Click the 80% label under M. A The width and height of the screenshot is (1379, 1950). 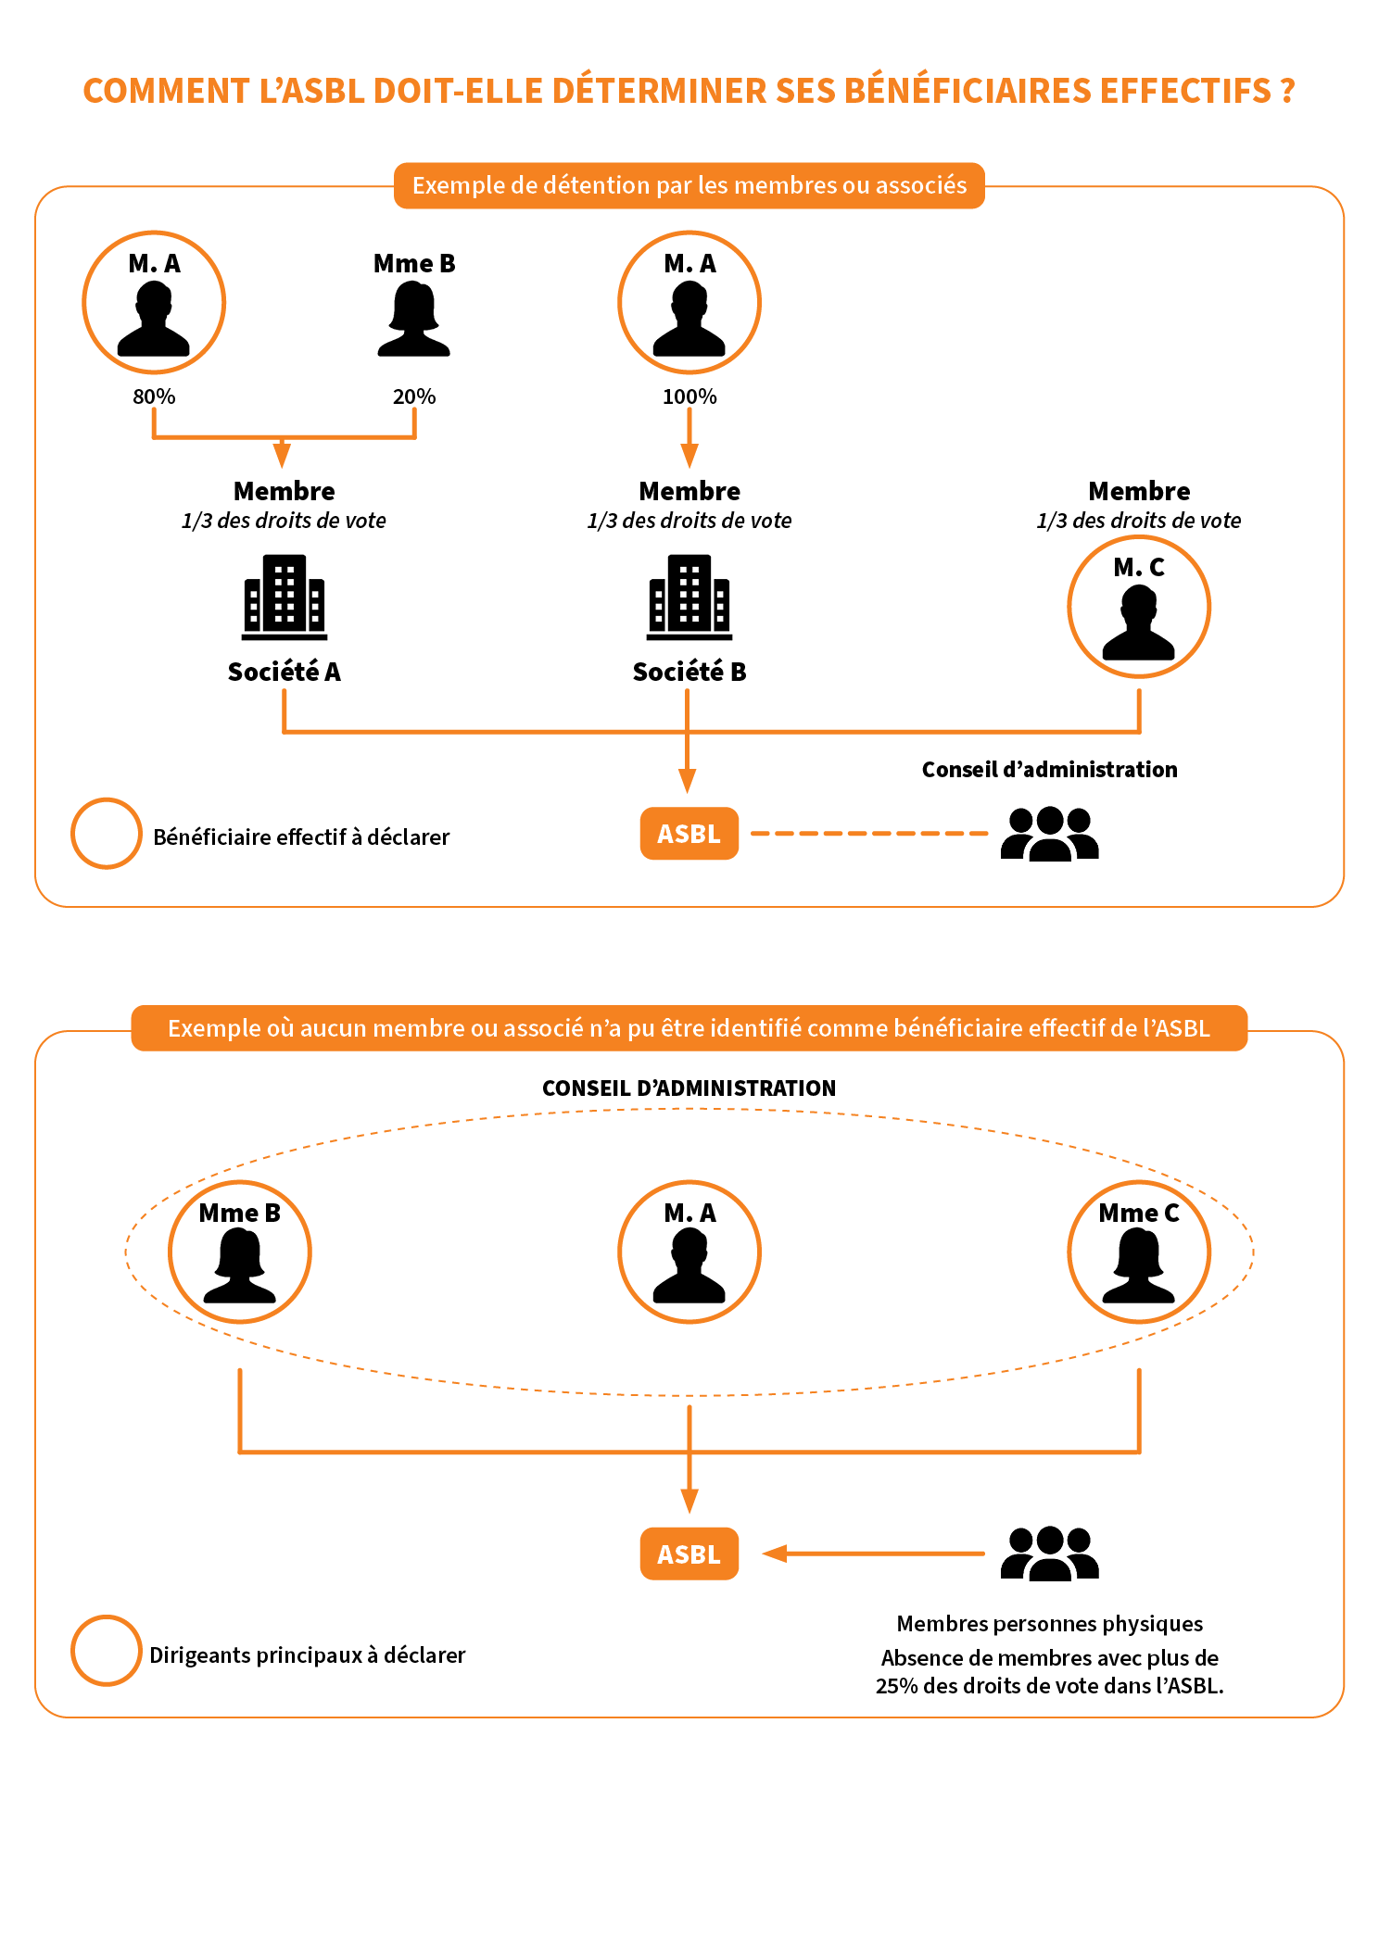click(x=154, y=396)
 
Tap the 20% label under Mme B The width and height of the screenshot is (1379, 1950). click(x=413, y=396)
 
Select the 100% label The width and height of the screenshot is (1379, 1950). click(x=689, y=396)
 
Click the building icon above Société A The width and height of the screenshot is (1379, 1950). click(x=284, y=598)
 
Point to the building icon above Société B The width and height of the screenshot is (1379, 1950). click(x=689, y=598)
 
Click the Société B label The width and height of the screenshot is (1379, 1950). click(x=689, y=672)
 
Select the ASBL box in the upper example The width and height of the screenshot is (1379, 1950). click(x=689, y=834)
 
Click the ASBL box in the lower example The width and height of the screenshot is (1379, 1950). click(x=689, y=1554)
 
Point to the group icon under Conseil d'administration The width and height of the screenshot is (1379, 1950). click(x=1049, y=834)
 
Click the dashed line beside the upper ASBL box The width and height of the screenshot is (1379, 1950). click(x=869, y=834)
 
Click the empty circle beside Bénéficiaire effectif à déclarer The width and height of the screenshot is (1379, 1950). click(x=107, y=834)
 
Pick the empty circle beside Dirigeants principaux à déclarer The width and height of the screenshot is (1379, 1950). click(x=107, y=1651)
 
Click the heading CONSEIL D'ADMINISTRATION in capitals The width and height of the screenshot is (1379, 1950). click(x=689, y=1088)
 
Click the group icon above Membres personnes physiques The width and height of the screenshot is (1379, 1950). click(x=1049, y=1554)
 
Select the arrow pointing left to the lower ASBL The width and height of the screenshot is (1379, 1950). click(x=871, y=1554)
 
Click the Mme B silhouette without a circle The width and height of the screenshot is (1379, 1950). click(x=413, y=319)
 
